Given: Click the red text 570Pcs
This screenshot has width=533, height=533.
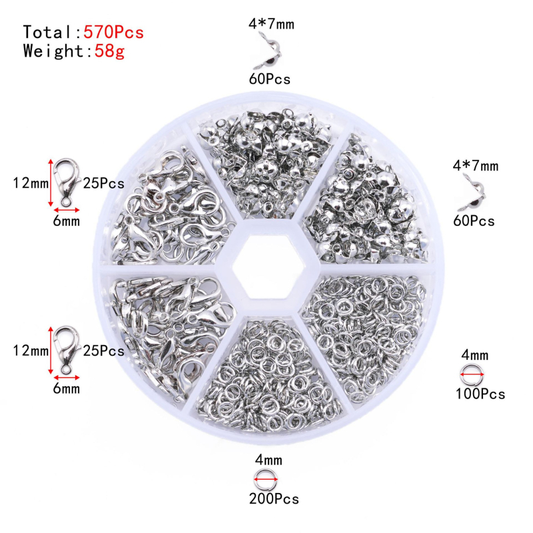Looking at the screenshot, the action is click(x=114, y=32).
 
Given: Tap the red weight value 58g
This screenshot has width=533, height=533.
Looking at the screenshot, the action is click(x=109, y=52).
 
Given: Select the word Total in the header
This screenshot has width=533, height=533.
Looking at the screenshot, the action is click(x=47, y=32).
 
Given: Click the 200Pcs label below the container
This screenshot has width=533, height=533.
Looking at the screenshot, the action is click(x=274, y=498).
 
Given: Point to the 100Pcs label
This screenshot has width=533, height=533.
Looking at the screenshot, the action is click(x=480, y=394).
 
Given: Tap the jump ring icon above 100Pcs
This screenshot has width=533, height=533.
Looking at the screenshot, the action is click(x=472, y=374).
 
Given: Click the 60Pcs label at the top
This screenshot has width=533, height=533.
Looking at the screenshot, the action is click(x=270, y=79).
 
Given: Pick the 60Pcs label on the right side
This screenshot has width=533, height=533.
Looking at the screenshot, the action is click(x=474, y=221).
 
